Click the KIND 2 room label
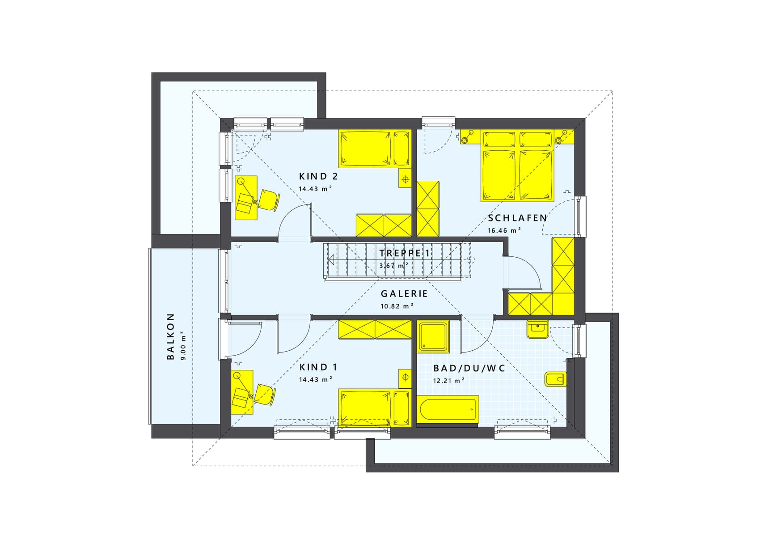pos(318,177)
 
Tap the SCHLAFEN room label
pos(517,218)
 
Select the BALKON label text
pos(170,336)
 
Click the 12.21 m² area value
pos(448,381)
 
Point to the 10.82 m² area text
pos(397,306)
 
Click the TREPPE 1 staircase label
pos(405,253)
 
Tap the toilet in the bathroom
pos(556,379)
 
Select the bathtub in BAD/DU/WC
pos(448,409)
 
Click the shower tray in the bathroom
pos(433,336)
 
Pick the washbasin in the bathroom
pos(538,329)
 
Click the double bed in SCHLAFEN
pos(517,166)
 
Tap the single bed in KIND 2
pos(375,149)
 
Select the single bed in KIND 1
pos(375,408)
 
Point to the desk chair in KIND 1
pos(265,395)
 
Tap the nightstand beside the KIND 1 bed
pos(405,378)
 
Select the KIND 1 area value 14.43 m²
pos(316,379)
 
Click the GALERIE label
pos(404,294)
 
